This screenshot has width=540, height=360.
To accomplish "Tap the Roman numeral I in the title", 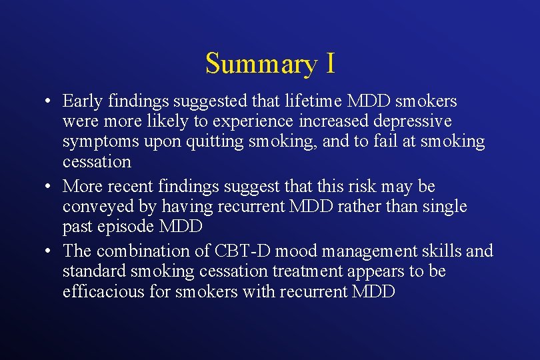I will pyautogui.click(x=330, y=63).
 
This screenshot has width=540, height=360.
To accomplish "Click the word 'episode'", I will pyautogui.click(x=125, y=227).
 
